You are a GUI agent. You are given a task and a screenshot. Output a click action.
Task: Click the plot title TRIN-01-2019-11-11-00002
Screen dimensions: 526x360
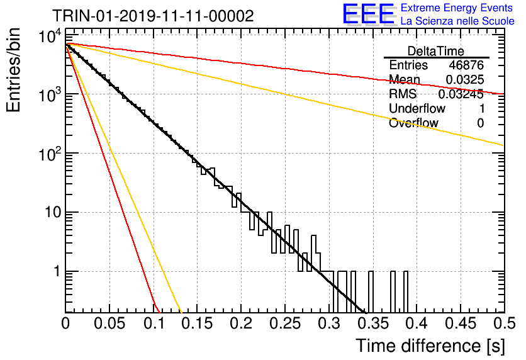click(153, 16)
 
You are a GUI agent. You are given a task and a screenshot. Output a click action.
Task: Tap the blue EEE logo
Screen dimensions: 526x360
click(368, 14)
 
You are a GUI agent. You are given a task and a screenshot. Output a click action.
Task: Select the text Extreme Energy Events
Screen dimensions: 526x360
click(457, 8)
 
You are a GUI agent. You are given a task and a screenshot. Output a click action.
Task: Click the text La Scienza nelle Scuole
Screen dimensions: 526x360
click(457, 21)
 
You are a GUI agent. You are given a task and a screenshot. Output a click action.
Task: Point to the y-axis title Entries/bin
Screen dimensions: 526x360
click(14, 70)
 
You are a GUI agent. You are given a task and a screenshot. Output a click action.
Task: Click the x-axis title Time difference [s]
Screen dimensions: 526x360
click(430, 346)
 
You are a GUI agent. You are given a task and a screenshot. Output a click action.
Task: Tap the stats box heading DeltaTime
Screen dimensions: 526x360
click(436, 51)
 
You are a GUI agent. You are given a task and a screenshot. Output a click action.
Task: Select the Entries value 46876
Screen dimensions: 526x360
click(466, 65)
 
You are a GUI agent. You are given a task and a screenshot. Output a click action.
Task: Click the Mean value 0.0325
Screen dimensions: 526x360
click(464, 79)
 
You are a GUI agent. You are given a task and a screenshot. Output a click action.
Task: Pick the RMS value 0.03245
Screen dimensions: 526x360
click(461, 94)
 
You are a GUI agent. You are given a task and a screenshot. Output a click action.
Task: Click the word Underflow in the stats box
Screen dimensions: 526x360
click(417, 108)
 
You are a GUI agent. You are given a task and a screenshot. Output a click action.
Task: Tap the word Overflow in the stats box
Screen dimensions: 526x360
click(413, 123)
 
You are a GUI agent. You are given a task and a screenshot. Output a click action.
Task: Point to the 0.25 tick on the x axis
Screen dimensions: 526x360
click(285, 323)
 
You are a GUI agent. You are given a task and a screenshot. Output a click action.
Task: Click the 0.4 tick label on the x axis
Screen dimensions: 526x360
click(417, 323)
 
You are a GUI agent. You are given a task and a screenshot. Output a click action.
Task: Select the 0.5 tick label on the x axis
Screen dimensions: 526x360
click(504, 323)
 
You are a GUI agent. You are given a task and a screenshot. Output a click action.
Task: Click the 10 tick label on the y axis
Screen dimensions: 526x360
click(53, 212)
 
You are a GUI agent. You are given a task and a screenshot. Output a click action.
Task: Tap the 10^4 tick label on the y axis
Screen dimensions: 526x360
click(50, 36)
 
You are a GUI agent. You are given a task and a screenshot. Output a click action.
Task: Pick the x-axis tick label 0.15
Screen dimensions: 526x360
click(198, 323)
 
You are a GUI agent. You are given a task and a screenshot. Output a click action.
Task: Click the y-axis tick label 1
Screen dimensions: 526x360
click(57, 271)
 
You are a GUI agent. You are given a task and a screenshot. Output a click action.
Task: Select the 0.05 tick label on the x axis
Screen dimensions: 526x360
click(109, 323)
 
